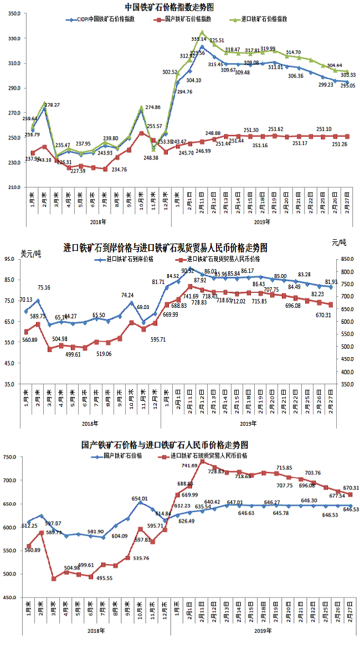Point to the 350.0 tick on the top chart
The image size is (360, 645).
click(14, 14)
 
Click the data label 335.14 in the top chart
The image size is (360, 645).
click(198, 39)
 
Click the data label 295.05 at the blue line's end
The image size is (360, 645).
click(347, 86)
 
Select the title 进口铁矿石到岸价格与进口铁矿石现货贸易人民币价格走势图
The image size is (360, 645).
click(166, 247)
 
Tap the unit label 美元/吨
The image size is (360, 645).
click(31, 254)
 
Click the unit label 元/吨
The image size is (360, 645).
click(338, 242)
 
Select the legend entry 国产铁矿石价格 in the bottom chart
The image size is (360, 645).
click(123, 456)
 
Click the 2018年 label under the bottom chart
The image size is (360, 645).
click(96, 631)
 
